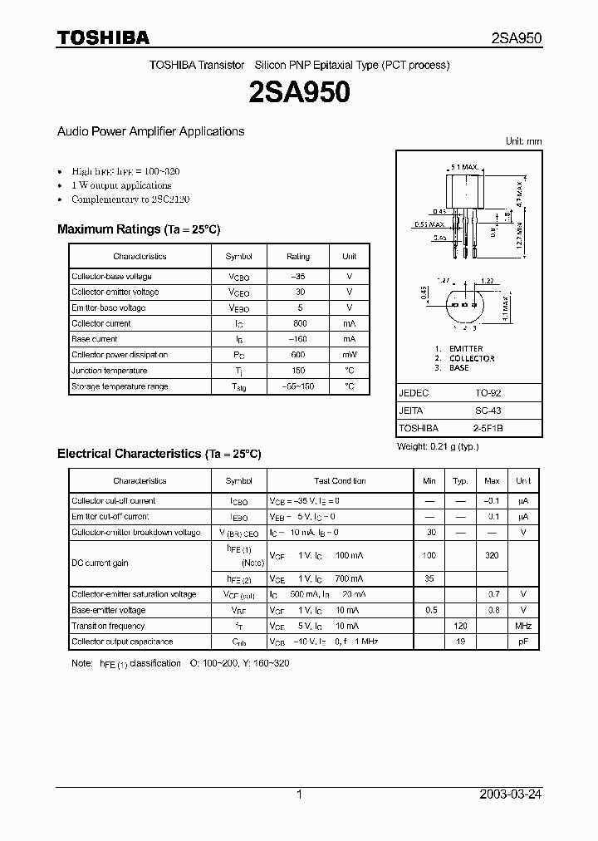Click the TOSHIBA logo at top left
pos(103,37)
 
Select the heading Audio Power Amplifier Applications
pos(150,131)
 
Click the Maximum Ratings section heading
pos(139,229)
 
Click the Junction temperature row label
pos(109,371)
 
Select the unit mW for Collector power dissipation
pos(350,355)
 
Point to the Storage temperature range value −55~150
pos(298,386)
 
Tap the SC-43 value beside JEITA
pos(488,411)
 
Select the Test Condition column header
pos(340,481)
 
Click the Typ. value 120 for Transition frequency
pos(460,626)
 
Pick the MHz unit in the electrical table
pos(523,626)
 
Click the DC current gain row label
pos(100,563)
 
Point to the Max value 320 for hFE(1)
pos(492,555)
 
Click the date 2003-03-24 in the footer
pos(511,794)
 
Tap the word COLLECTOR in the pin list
pos(472,358)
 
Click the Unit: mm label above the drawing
pos(523,141)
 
